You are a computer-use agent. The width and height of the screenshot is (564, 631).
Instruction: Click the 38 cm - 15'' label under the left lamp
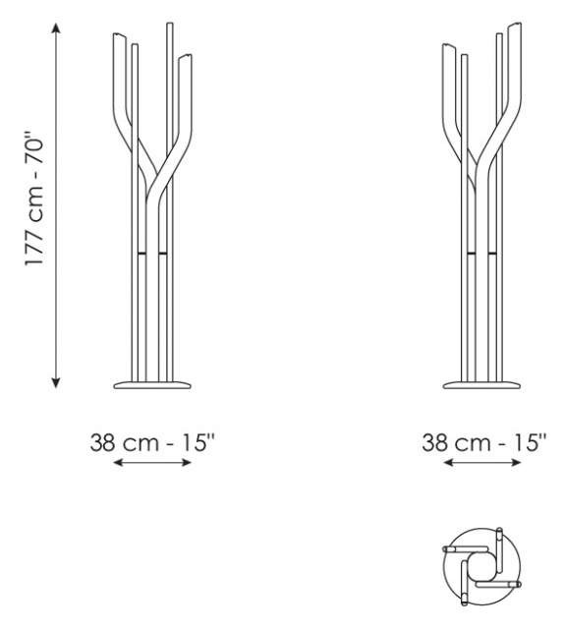click(153, 442)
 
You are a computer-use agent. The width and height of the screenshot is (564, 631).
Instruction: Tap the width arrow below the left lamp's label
click(153, 462)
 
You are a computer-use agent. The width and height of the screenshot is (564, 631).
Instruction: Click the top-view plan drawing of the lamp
click(482, 570)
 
